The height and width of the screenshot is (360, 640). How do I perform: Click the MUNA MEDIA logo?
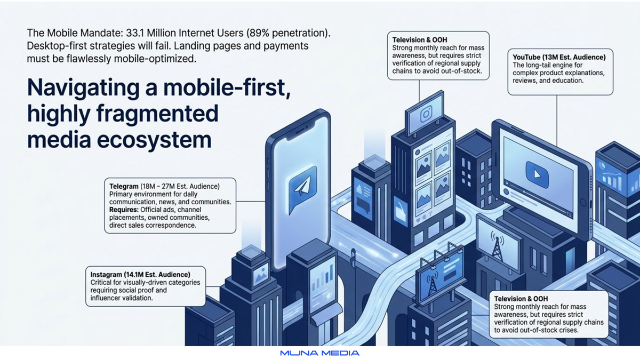pos(319,353)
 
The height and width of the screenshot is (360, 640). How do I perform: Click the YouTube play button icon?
pos(537,174)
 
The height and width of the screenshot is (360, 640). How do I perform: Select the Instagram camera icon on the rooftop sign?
pos(426,114)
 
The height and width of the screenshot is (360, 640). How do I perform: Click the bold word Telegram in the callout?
pos(124,187)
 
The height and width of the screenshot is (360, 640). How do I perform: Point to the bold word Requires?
pos(124,210)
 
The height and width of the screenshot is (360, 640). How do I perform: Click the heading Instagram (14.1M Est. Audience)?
pos(140,275)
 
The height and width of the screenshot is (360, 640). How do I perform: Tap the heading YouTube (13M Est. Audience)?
pos(559,58)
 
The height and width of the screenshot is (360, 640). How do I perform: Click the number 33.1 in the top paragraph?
pos(135,33)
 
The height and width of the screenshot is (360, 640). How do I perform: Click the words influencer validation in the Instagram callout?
pos(122,298)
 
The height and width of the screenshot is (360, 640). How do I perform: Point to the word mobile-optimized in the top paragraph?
pos(155,59)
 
